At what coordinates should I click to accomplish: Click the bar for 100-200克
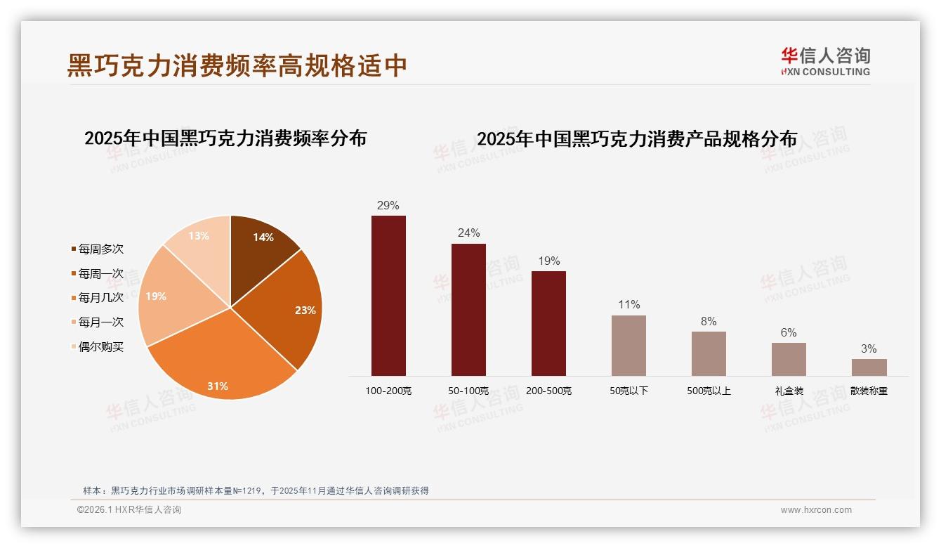pyautogui.click(x=388, y=295)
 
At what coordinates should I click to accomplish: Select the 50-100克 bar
pyautogui.click(x=468, y=309)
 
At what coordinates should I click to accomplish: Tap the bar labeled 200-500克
pyautogui.click(x=548, y=323)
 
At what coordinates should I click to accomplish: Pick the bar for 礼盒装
pyautogui.click(x=789, y=359)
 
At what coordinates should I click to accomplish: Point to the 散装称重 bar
pyautogui.click(x=869, y=367)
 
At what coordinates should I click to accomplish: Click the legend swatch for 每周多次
pyautogui.click(x=74, y=249)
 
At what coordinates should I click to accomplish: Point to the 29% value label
pyautogui.click(x=388, y=206)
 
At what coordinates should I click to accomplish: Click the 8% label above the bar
pyautogui.click(x=709, y=322)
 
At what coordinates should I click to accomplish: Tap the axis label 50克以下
pyautogui.click(x=629, y=391)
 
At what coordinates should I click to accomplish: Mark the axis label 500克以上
pyautogui.click(x=709, y=391)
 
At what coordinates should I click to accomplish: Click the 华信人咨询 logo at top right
pyautogui.click(x=825, y=61)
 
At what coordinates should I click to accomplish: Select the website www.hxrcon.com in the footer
pyautogui.click(x=816, y=510)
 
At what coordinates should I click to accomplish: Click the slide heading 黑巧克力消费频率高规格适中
pyautogui.click(x=237, y=65)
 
